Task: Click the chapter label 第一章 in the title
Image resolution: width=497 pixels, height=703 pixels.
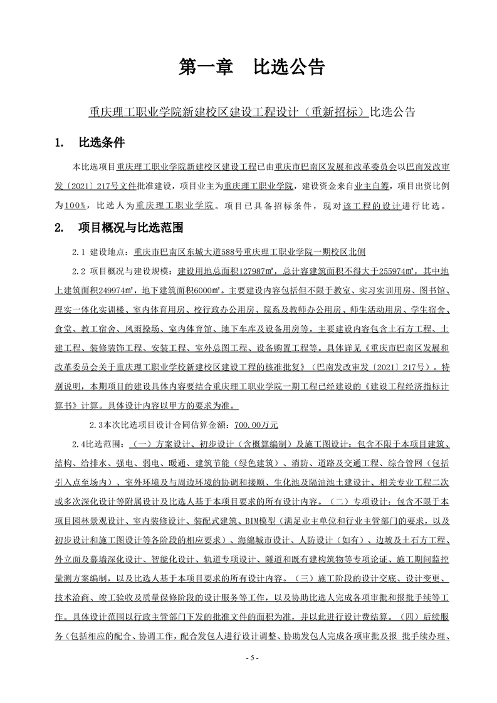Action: tap(206, 66)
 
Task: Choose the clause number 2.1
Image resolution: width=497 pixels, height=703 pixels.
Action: tap(80, 251)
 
